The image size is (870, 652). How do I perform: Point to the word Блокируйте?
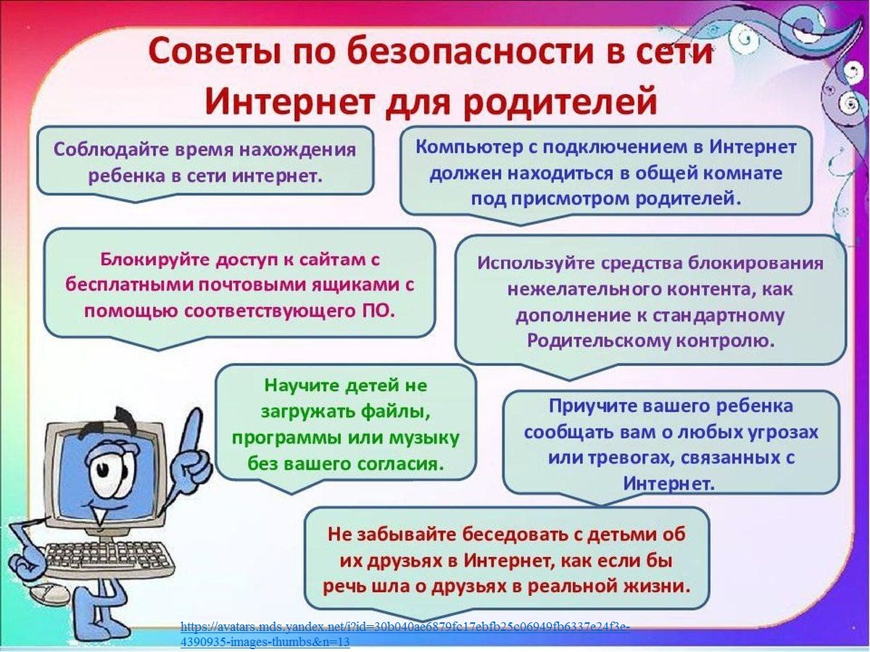tap(155, 259)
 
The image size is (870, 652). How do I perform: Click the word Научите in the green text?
tap(301, 385)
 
